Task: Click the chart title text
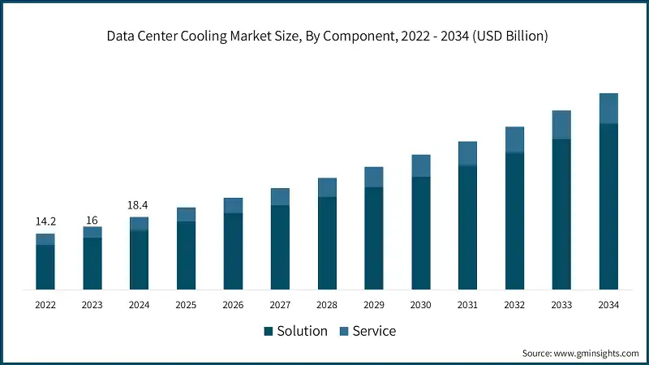[324, 36]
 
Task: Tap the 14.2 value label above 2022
[45, 221]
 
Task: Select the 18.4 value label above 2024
[139, 205]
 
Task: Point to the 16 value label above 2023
[92, 220]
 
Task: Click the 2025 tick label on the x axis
[186, 305]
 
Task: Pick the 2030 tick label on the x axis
[420, 305]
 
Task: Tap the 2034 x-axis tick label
[608, 305]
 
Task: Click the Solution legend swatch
[269, 332]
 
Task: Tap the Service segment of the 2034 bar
[608, 109]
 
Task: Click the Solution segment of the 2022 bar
[45, 267]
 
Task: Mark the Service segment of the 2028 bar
[327, 187]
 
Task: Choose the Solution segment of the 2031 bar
[467, 227]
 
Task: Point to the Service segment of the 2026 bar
[233, 205]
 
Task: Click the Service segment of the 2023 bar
[92, 232]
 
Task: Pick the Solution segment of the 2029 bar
[373, 238]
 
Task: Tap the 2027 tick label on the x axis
[280, 305]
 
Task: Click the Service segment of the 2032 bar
[514, 140]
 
